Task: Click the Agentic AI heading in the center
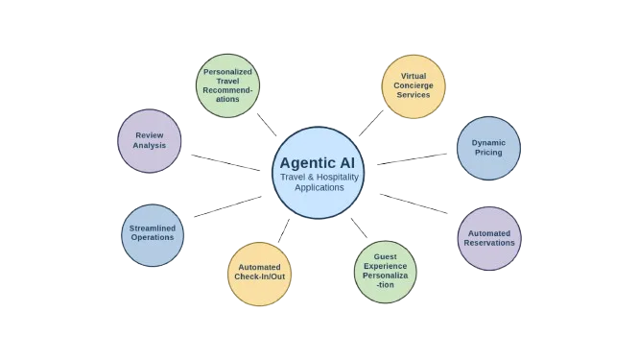coord(319,162)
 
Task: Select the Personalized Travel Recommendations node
coord(227,84)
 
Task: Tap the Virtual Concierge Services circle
coord(414,86)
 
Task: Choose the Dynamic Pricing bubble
coord(487,148)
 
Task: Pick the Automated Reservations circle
coord(489,236)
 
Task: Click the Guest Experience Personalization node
coord(386,273)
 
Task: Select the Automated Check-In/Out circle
coord(259,273)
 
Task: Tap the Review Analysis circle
coord(150,141)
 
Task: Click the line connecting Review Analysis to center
coord(225,162)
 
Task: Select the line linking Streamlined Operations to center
coord(226,207)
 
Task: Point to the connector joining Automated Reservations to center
coord(414,204)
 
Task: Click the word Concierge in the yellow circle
coord(414,85)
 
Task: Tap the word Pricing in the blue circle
coord(487,154)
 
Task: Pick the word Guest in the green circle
coord(386,258)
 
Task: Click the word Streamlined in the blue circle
coord(153,228)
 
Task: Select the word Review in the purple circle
coord(150,135)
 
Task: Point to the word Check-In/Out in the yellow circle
coord(259,278)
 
